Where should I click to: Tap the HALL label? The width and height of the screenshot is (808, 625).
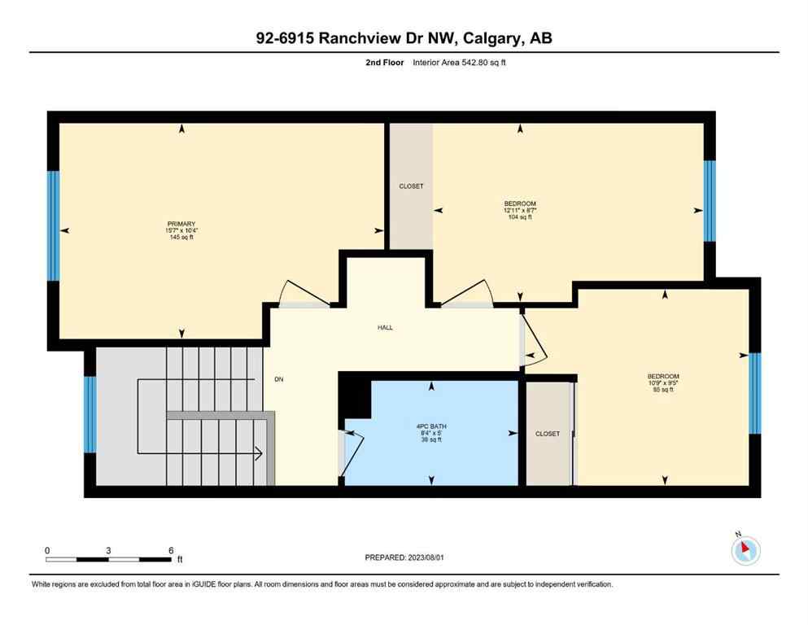[385, 327]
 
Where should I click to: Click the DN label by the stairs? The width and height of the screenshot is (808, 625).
[278, 379]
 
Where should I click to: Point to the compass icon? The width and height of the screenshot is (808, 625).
[745, 551]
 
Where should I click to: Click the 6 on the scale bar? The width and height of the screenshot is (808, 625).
[171, 550]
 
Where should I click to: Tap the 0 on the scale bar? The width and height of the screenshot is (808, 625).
[47, 550]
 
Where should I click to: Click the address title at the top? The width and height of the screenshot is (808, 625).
[404, 38]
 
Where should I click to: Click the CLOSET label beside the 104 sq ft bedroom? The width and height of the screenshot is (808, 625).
[411, 186]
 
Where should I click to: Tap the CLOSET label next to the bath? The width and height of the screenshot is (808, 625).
[548, 434]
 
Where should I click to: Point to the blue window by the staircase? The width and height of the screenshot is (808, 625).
[90, 414]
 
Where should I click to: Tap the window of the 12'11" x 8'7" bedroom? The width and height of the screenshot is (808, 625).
[710, 201]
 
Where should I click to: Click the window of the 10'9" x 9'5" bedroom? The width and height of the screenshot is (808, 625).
[754, 393]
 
